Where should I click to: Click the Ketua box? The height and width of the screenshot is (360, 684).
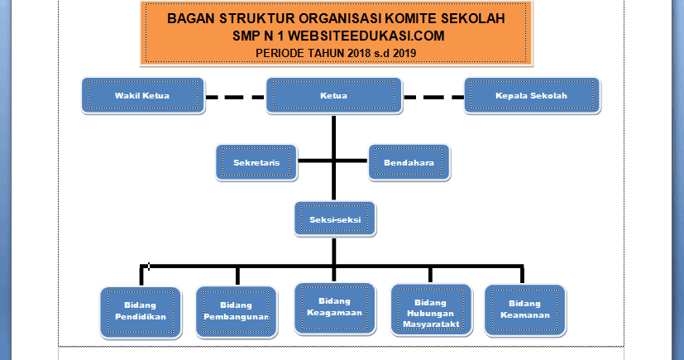coord(332,96)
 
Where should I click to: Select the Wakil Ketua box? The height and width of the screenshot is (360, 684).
coord(141,96)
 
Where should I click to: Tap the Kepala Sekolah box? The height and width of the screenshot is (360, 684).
coord(530,96)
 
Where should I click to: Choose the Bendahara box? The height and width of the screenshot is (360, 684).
coord(409,163)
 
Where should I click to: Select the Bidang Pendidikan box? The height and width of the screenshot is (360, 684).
coord(139,311)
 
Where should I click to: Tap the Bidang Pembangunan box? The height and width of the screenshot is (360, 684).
coord(237,311)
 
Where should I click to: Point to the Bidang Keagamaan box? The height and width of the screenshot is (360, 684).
coord(334,308)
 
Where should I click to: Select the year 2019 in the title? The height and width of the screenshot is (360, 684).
coord(403,53)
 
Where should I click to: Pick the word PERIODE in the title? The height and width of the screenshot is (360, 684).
coord(283,53)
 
